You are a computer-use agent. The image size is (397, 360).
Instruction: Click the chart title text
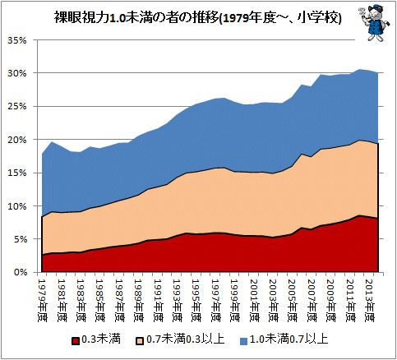197,18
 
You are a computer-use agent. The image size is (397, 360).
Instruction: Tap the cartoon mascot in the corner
373,23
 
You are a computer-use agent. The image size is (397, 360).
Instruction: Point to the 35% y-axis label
17,40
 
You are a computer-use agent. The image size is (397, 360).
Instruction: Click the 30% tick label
17,73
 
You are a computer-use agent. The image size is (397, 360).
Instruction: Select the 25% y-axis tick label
17,107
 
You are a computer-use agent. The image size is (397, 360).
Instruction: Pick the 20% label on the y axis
17,140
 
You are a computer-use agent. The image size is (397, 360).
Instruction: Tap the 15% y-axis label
17,173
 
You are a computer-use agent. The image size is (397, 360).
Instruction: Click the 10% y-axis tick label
17,206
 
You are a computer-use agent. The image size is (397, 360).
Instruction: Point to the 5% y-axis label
19,239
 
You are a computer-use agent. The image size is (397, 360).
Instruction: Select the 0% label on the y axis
19,273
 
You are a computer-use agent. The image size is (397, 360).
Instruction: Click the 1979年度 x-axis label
42,301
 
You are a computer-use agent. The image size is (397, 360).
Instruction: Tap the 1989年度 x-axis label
139,301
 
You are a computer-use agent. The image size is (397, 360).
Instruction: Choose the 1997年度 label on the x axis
216,301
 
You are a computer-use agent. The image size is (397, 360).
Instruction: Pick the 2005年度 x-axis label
293,301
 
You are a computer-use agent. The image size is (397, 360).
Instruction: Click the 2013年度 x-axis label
370,301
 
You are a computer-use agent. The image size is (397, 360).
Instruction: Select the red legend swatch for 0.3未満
76,341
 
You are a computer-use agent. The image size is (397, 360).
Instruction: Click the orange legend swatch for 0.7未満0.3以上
140,341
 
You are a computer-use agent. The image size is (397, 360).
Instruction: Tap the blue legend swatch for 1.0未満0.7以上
243,341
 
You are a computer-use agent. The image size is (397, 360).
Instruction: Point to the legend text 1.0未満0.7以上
289,339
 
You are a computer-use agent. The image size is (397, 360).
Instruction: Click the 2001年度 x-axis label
254,301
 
